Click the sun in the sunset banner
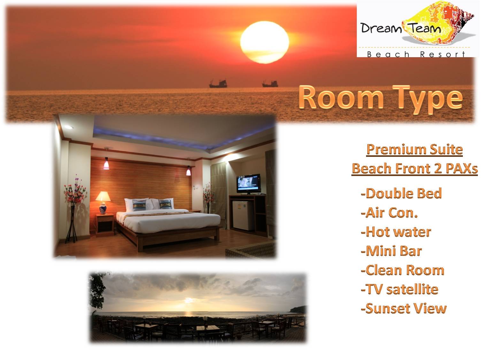(x=264, y=42)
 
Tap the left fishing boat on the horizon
(x=218, y=84)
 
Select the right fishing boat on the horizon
(x=270, y=83)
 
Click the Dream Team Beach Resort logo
(x=417, y=29)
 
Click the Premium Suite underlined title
(x=415, y=150)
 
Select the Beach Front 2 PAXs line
(x=415, y=169)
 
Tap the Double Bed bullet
(x=401, y=194)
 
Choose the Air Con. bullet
(x=389, y=213)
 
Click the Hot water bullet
(x=396, y=232)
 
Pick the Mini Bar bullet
(x=391, y=251)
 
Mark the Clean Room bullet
(x=402, y=270)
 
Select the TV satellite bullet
(x=400, y=289)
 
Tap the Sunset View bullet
(x=403, y=308)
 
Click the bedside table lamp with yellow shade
(x=103, y=202)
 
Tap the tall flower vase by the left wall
(x=74, y=209)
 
